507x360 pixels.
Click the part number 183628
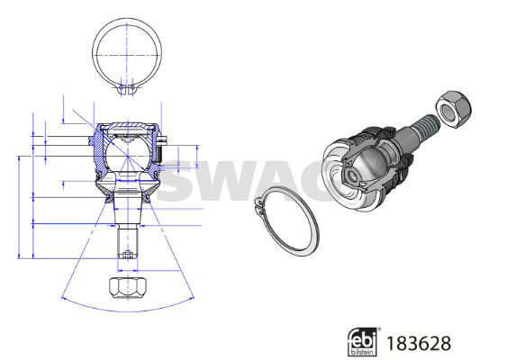pyautogui.click(x=419, y=343)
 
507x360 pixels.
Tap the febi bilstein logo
pyautogui.click(x=363, y=342)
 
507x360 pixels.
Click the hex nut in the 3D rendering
pyautogui.click(x=453, y=110)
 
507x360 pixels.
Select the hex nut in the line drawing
pyautogui.click(x=128, y=288)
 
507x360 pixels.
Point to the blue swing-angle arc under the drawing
pyautogui.click(x=128, y=311)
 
